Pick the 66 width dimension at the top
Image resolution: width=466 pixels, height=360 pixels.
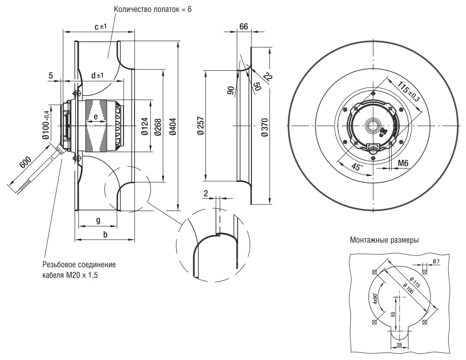pos(244,26)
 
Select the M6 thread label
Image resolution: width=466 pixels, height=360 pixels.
pos(403,163)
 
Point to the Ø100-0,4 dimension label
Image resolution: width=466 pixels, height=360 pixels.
pos(45,125)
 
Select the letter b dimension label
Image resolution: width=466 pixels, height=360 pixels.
pos(105,235)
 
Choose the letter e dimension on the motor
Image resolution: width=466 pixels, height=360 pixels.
pos(95,117)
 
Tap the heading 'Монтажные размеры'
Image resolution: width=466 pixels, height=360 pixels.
pos(384,240)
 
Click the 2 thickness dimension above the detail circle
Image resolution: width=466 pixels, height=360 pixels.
pos(206,193)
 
